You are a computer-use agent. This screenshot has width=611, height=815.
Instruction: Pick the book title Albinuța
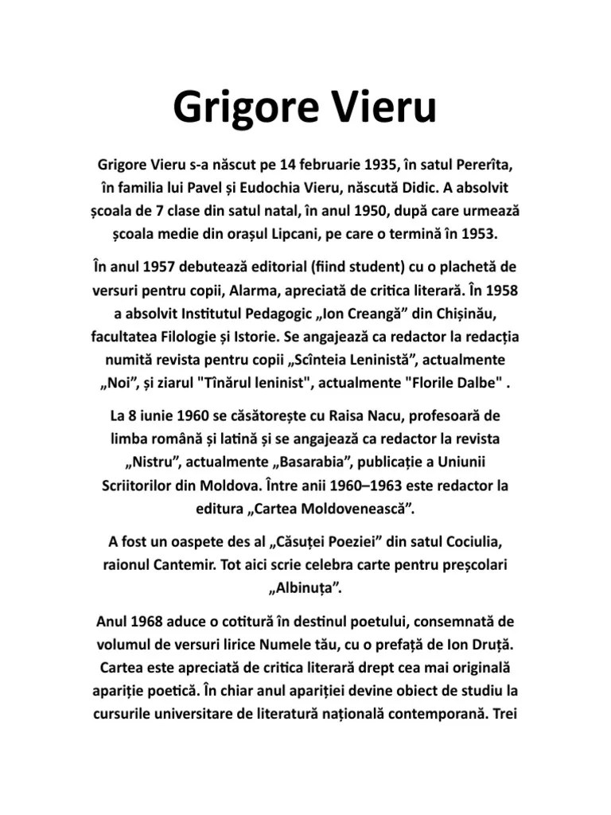tap(305, 588)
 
